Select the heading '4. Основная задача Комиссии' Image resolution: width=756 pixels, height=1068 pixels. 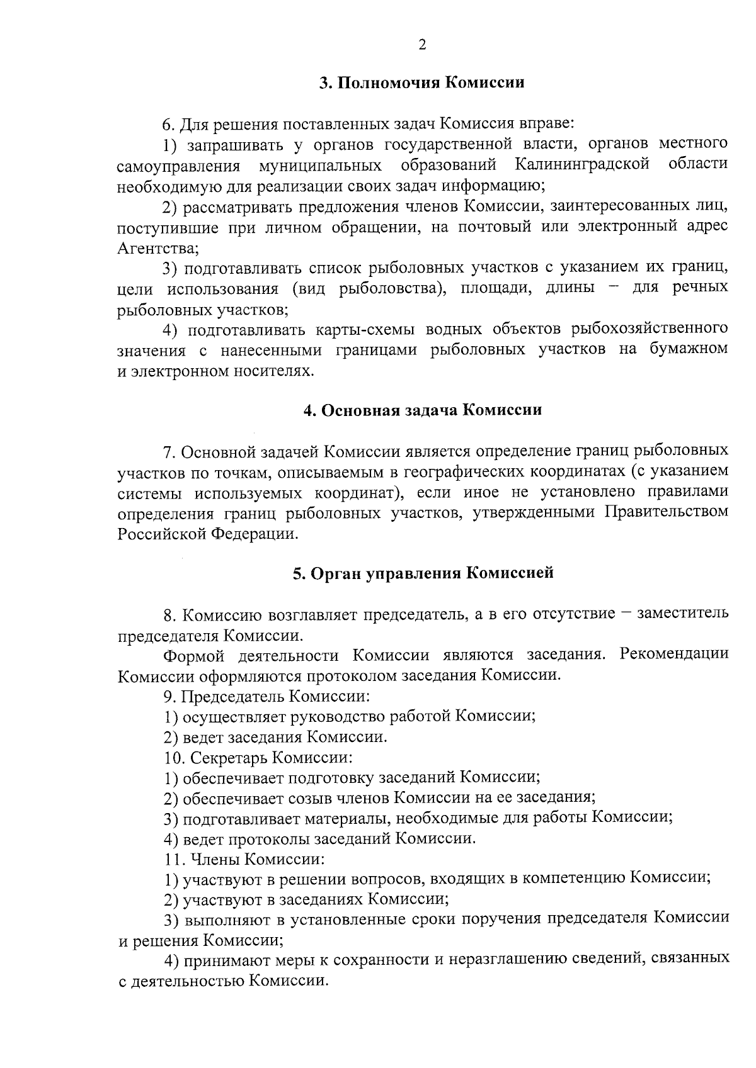coord(423,410)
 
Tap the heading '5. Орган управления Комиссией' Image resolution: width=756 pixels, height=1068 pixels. coord(423,573)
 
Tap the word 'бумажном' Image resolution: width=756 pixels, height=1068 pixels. coord(689,349)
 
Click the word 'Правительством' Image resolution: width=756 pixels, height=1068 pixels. coord(667,512)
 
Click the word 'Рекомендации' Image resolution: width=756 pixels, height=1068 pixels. coord(674,655)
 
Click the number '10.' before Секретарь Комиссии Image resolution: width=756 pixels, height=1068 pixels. coord(173,758)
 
